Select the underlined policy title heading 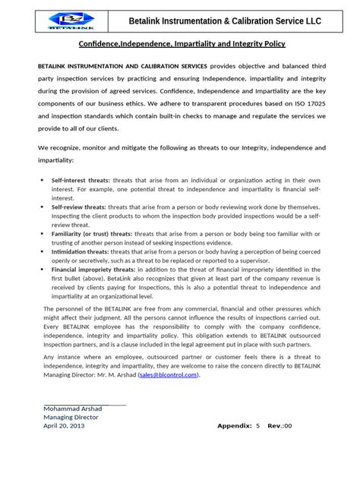pyautogui.click(x=182, y=46)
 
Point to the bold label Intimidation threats pyautogui.click(x=80, y=249)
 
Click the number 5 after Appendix pyautogui.click(x=258, y=426)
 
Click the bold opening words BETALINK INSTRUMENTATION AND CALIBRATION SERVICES pyautogui.click(x=122, y=66)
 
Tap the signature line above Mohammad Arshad pyautogui.click(x=85, y=402)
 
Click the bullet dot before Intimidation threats pyautogui.click(x=41, y=250)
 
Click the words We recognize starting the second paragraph pyautogui.click(x=59, y=147)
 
